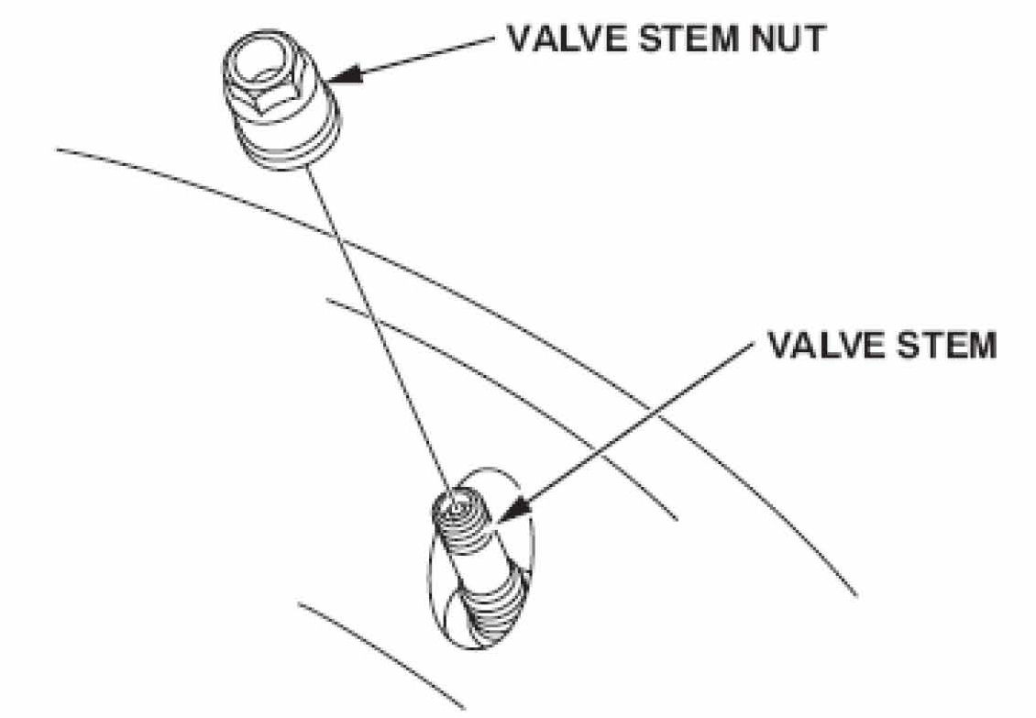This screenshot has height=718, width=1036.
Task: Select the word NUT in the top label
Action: tap(787, 39)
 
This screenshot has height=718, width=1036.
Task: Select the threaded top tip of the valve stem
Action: tap(461, 520)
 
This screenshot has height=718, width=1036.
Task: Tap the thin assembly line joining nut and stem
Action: tap(380, 330)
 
